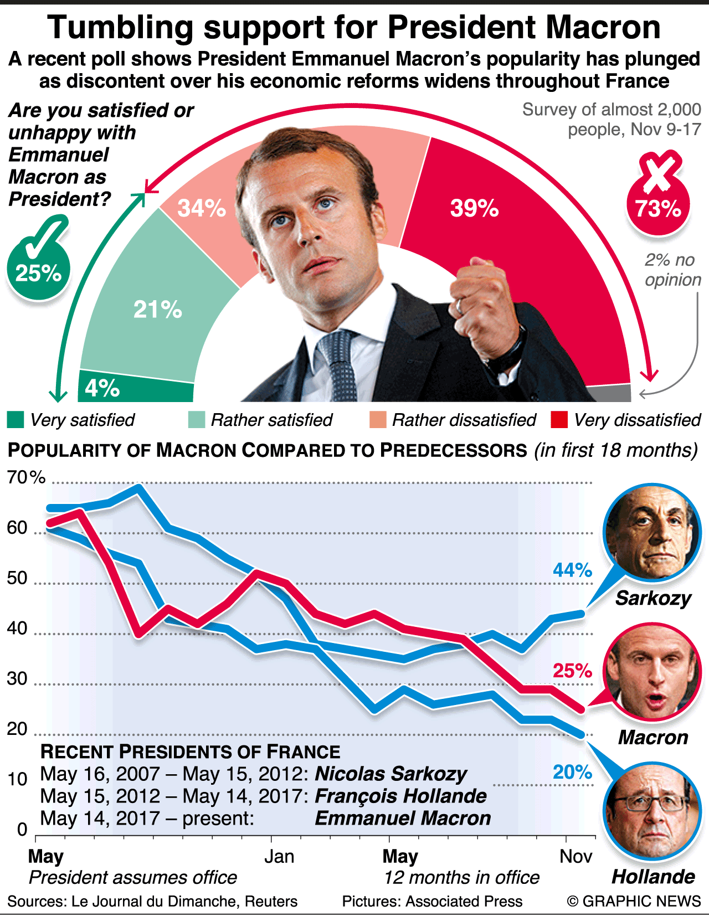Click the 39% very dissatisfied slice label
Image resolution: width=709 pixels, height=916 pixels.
click(474, 209)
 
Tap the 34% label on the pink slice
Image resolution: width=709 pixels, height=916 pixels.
click(202, 209)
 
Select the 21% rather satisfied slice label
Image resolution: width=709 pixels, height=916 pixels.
click(157, 310)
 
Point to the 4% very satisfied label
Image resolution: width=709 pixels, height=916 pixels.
click(102, 388)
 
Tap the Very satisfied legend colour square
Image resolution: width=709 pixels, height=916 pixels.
click(16, 420)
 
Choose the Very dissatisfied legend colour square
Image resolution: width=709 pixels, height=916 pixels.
click(559, 420)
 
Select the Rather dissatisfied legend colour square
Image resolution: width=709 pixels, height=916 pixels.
click(378, 420)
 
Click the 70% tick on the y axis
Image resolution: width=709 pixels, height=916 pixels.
click(25, 477)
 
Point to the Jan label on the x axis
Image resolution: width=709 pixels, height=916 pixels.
click(279, 857)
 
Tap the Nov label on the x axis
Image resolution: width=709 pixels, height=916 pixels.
click(576, 857)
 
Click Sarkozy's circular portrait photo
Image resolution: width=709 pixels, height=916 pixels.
click(653, 532)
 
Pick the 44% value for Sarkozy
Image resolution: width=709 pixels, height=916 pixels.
click(572, 570)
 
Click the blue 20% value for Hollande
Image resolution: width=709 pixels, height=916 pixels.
click(572, 772)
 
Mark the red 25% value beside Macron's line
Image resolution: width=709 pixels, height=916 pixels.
click(572, 671)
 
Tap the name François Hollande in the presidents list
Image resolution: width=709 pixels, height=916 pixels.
click(400, 796)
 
